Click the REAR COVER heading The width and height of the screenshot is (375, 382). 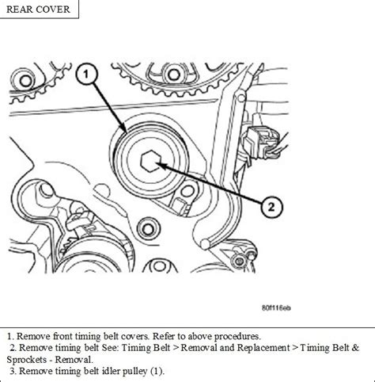tap(39, 10)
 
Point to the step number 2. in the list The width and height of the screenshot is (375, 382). tap(13, 346)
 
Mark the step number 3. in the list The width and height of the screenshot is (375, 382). tap(13, 370)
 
